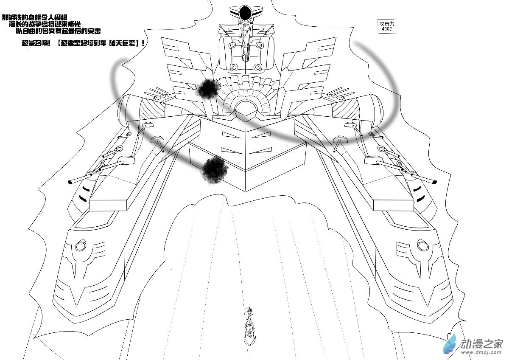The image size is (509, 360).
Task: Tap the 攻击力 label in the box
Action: coord(386,24)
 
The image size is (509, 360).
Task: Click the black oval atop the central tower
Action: coord(245,14)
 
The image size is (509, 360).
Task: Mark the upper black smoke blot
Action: coord(208,88)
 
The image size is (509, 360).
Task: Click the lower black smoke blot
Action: coord(215,169)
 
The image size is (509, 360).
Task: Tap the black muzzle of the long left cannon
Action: coord(69,183)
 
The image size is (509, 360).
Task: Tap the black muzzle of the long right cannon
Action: coord(434,182)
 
